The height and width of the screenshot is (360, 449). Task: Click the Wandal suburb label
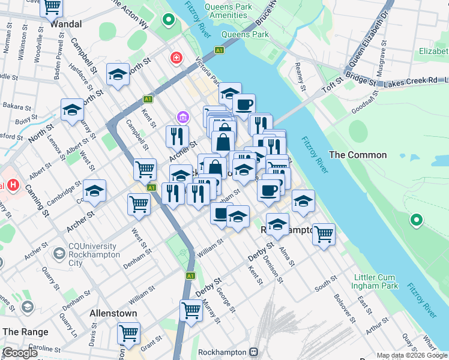click(x=66, y=25)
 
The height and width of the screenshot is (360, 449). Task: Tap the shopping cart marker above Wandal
click(x=52, y=7)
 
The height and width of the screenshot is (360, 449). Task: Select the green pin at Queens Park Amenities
click(x=169, y=20)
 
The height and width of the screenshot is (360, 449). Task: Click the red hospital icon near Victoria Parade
click(x=176, y=58)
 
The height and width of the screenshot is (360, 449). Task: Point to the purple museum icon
click(x=182, y=116)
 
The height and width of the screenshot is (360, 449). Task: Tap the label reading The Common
click(x=358, y=155)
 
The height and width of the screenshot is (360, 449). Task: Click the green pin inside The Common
click(x=415, y=221)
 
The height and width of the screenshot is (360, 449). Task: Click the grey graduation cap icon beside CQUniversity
click(x=59, y=254)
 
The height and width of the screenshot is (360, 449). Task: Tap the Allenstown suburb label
click(x=113, y=313)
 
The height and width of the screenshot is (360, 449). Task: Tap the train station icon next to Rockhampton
click(x=254, y=352)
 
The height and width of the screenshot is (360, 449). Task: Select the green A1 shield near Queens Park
click(x=220, y=50)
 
